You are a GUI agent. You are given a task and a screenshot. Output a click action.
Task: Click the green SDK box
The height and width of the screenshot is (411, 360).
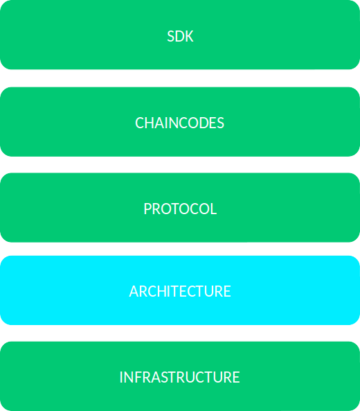180,35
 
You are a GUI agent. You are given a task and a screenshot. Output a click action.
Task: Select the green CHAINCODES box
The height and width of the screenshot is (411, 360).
180,121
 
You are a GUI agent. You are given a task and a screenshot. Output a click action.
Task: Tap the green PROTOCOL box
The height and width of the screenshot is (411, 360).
180,207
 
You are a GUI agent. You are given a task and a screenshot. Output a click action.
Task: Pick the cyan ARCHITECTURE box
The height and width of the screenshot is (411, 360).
180,290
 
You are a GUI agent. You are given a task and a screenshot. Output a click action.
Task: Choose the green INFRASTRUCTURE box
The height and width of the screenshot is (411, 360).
180,376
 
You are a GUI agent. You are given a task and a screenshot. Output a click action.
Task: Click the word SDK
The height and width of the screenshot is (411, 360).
180,36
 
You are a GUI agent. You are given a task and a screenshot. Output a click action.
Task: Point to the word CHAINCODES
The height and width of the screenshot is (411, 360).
179,123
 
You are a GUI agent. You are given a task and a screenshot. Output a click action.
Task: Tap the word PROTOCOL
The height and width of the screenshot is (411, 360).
180,209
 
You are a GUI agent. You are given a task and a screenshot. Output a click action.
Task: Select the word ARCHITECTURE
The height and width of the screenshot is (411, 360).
180,292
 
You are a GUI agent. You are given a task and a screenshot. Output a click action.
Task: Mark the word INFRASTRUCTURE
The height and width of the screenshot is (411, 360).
179,377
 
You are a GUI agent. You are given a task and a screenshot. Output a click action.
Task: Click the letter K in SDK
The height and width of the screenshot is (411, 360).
189,36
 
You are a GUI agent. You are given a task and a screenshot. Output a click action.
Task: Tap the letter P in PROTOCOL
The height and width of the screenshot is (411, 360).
147,209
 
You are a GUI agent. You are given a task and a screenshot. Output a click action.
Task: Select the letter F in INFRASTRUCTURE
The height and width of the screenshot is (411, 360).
138,377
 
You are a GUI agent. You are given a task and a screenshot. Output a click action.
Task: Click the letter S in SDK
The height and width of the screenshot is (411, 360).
171,36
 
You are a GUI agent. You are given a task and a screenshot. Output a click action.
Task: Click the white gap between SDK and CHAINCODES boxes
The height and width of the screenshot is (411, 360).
180,78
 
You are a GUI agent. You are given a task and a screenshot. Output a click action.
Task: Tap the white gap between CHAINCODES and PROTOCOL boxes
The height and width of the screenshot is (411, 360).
180,165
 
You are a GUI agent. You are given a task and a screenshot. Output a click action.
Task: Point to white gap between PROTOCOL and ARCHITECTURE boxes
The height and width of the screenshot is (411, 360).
180,249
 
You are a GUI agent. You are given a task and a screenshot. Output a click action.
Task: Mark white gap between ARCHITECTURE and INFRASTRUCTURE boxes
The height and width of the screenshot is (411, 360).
180,333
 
